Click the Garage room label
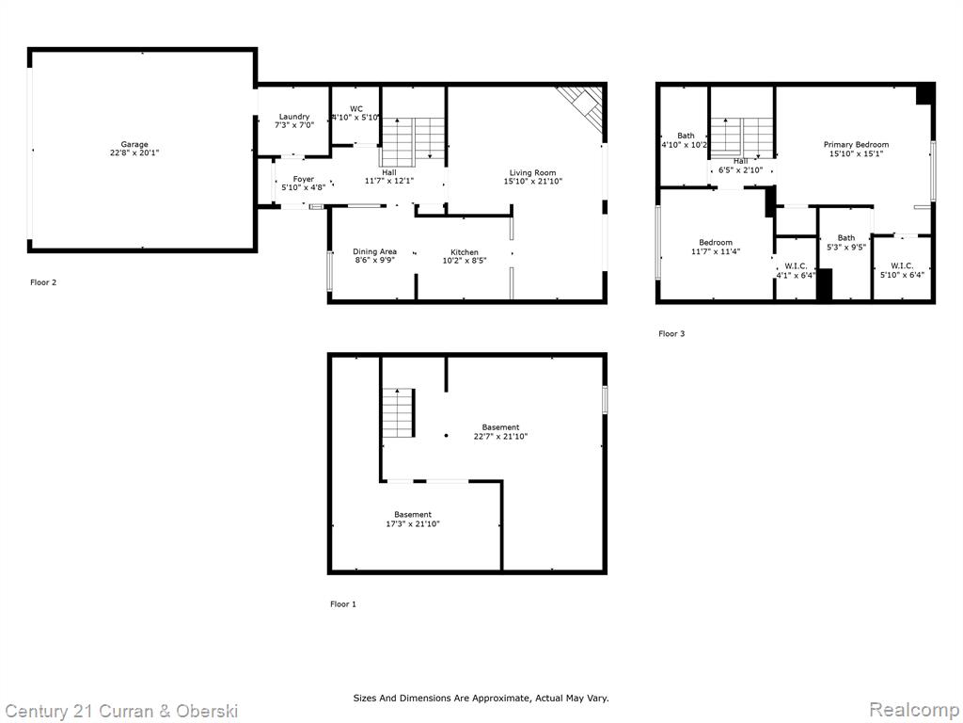pyautogui.click(x=134, y=144)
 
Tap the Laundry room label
pyautogui.click(x=294, y=116)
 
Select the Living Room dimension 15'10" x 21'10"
pyautogui.click(x=533, y=182)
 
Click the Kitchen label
pyautogui.click(x=465, y=252)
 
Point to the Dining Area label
pyautogui.click(x=374, y=251)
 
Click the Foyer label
pyautogui.click(x=304, y=179)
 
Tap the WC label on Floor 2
pyautogui.click(x=356, y=109)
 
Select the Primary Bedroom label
pyautogui.click(x=856, y=144)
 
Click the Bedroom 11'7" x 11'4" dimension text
pyautogui.click(x=716, y=250)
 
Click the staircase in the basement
pyautogui.click(x=399, y=413)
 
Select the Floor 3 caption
pyautogui.click(x=671, y=334)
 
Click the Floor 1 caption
pyautogui.click(x=343, y=604)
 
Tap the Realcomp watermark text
pyautogui.click(x=914, y=710)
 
